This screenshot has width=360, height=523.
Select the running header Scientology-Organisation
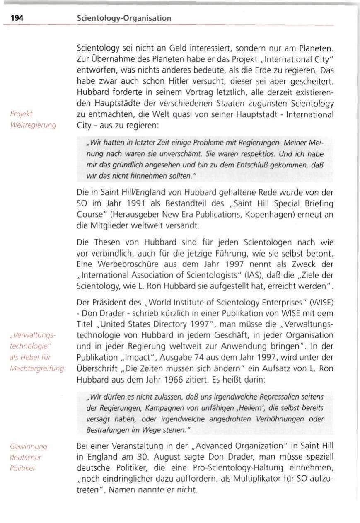point(124,19)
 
